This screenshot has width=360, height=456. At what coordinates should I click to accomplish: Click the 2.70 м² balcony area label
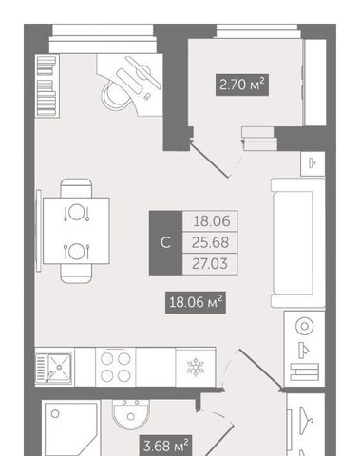pyautogui.click(x=242, y=85)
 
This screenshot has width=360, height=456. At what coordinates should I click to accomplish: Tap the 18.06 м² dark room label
pyautogui.click(x=196, y=302)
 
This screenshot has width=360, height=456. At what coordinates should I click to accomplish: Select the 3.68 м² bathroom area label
pyautogui.click(x=165, y=446)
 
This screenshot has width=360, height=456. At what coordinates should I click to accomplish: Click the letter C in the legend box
pyautogui.click(x=166, y=242)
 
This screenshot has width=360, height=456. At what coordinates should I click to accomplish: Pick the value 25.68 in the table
pyautogui.click(x=210, y=242)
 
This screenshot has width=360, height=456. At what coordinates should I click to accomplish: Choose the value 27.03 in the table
pyautogui.click(x=210, y=264)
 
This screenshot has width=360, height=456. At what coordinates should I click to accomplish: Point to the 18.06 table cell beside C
pyautogui.click(x=210, y=221)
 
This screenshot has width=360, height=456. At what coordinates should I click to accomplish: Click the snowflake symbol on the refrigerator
pyautogui.click(x=196, y=367)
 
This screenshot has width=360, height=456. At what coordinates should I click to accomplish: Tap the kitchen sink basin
pyautogui.click(x=59, y=368)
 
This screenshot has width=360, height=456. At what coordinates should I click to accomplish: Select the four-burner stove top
pyautogui.click(x=116, y=367)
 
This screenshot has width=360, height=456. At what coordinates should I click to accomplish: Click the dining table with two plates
pyautogui.click(x=76, y=231)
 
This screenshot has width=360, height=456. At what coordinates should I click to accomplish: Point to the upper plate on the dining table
pyautogui.click(x=76, y=212)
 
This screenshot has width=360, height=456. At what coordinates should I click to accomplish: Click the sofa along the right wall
pyautogui.click(x=298, y=242)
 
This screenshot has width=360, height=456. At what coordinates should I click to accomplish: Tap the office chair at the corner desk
pyautogui.click(x=116, y=93)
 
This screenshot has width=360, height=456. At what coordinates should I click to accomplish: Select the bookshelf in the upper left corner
pyautogui.click(x=47, y=85)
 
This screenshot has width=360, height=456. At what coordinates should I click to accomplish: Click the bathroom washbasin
pyautogui.click(x=131, y=414)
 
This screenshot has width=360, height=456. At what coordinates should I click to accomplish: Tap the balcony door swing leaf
pyautogui.click(x=209, y=160)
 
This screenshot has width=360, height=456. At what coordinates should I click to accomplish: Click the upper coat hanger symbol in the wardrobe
pyautogui.click(x=306, y=416)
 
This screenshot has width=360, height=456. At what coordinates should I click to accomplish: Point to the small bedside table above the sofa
pyautogui.click(x=313, y=163)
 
